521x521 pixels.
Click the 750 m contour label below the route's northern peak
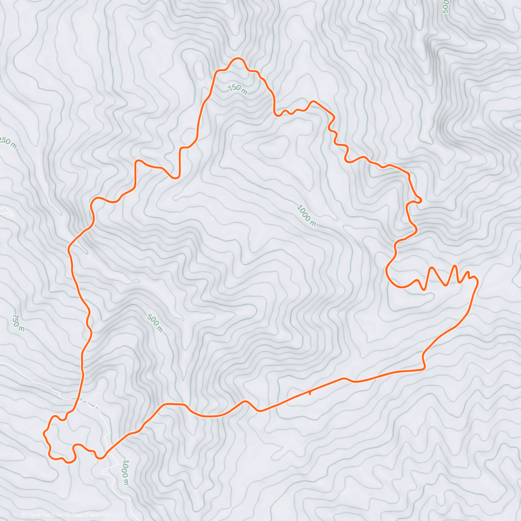pyautogui.click(x=237, y=89)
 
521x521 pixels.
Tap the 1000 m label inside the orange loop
pyautogui.click(x=306, y=215)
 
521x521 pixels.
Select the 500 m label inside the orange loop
pyautogui.click(x=155, y=323)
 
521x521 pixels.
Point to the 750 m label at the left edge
pyautogui.click(x=18, y=323)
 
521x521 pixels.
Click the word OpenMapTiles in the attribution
pyautogui.click(x=45, y=515)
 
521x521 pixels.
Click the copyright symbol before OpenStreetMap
pyautogui.click(x=69, y=515)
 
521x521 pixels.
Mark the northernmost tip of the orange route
pyautogui.click(x=237, y=58)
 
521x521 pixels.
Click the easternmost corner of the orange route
pyautogui.click(x=477, y=282)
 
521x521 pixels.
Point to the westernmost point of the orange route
pyautogui.click(x=43, y=433)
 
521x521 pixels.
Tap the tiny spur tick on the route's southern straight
pyautogui.click(x=310, y=393)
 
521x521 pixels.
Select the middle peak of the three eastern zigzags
pyautogui.click(x=455, y=266)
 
